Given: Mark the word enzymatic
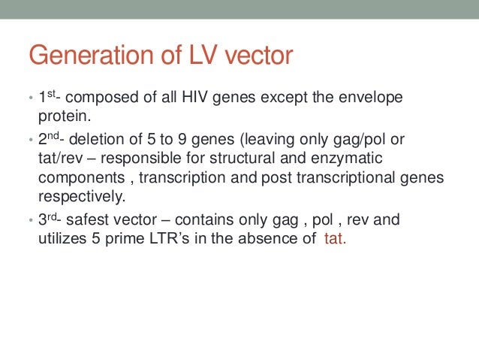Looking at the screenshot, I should click(353, 159).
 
